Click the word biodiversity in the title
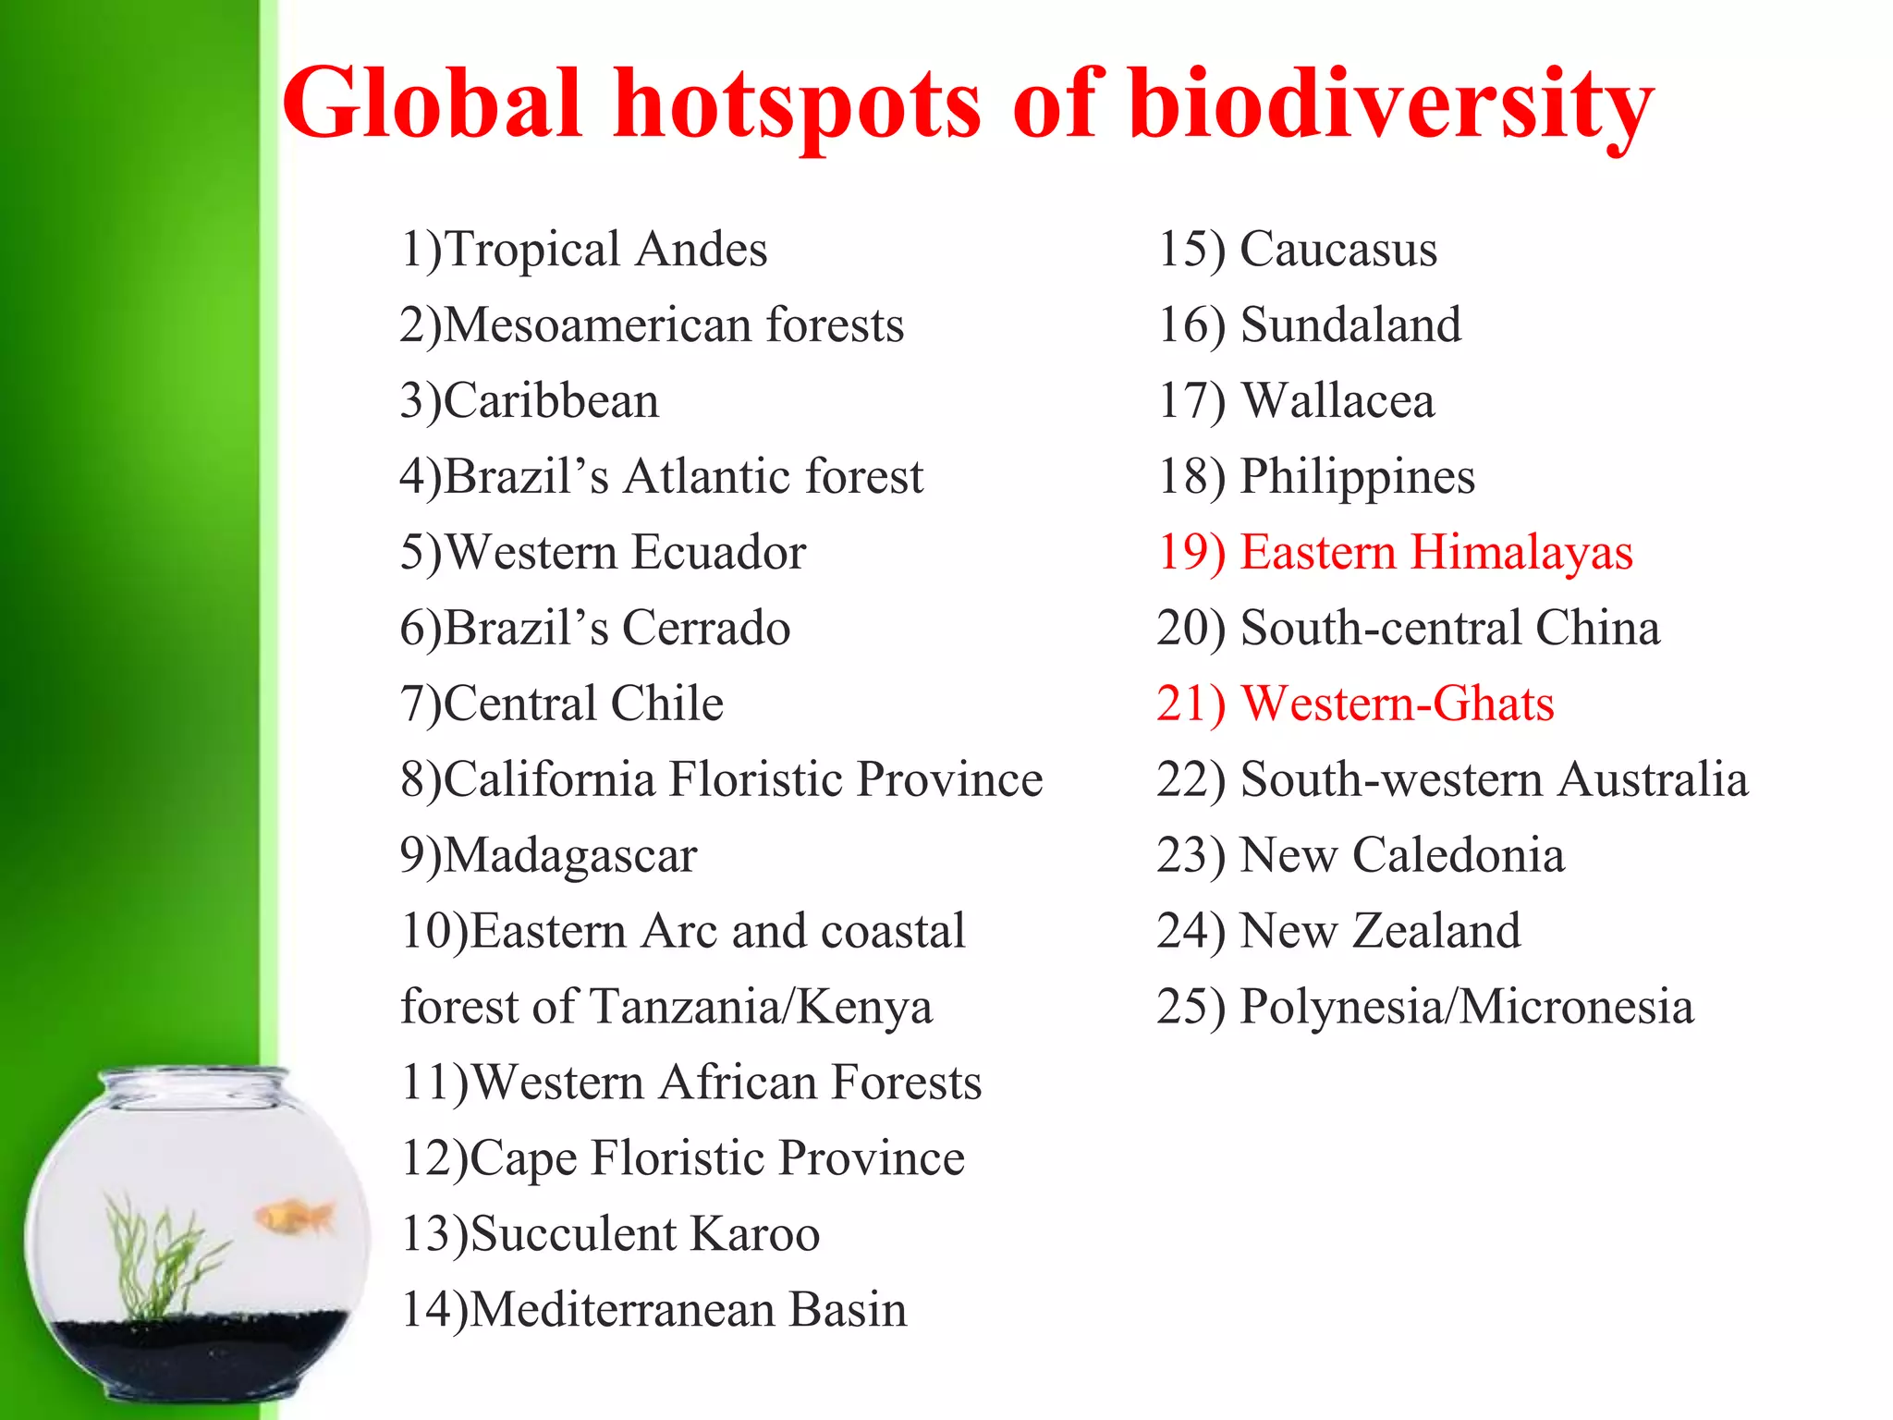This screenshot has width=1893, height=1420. tap(1390, 104)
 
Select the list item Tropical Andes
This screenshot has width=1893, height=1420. tap(605, 250)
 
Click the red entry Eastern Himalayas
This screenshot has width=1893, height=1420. tap(1435, 553)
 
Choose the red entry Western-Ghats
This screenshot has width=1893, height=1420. tap(1397, 704)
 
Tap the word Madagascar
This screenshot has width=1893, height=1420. tap(570, 856)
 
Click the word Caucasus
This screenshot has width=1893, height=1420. tap(1337, 250)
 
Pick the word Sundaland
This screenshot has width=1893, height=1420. tap(1350, 325)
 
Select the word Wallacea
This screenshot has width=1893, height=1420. tap(1337, 401)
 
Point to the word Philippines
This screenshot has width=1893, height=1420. tap(1357, 477)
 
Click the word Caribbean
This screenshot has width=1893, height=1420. tap(551, 401)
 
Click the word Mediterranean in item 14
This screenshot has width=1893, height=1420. tap(622, 1310)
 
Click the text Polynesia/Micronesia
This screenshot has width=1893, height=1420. tap(1466, 1007)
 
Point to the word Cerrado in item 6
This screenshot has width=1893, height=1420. tap(705, 629)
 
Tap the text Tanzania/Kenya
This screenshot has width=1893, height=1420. tap(760, 1007)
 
